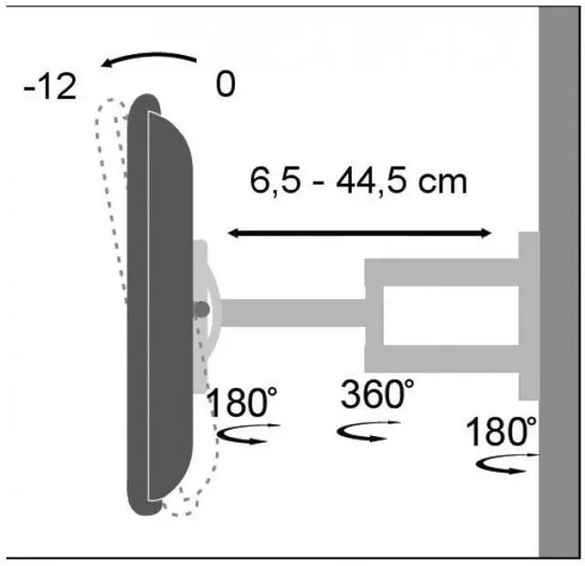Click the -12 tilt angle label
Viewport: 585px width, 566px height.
[x=50, y=86]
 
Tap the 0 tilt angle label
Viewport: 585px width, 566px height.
[x=226, y=83]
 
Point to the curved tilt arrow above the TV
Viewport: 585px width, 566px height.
[x=148, y=58]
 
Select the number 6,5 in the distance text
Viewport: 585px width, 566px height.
[x=275, y=181]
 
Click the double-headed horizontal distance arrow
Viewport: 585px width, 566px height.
[x=359, y=233]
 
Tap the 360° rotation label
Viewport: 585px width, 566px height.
[x=377, y=393]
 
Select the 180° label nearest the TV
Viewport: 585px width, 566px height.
[x=241, y=401]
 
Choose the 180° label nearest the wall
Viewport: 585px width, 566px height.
[x=501, y=432]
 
